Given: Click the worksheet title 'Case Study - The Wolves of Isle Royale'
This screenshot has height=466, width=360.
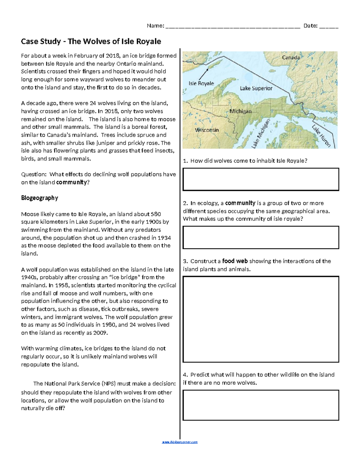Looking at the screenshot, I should (x=91, y=41).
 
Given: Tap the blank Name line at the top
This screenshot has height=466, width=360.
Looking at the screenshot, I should (x=232, y=26).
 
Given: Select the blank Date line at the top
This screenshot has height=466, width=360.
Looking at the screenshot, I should (x=329, y=26).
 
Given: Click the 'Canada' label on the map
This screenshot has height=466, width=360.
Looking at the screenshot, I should (x=291, y=57).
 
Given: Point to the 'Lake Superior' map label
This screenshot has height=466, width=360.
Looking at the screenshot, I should (x=256, y=88).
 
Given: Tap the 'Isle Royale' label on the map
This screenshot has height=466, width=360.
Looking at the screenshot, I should (x=201, y=83).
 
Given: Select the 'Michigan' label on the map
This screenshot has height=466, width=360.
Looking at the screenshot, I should (x=240, y=111).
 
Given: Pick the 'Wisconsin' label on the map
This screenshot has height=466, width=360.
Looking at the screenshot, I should (x=207, y=130).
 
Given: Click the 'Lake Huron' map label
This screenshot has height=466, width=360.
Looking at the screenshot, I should (x=321, y=136).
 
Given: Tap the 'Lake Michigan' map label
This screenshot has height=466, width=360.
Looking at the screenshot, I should (x=261, y=134).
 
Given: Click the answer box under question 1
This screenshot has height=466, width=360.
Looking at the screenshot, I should (x=261, y=179).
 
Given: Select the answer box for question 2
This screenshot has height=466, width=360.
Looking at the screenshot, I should (x=261, y=237).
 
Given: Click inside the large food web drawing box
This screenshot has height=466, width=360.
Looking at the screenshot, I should (x=261, y=319).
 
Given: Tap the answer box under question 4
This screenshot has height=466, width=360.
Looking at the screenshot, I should (x=261, y=405).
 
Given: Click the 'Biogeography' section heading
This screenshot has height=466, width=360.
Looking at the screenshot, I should (x=39, y=198).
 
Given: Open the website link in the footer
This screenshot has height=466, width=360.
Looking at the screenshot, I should (x=180, y=442).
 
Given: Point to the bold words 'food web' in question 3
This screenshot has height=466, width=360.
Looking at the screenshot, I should (x=235, y=261).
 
